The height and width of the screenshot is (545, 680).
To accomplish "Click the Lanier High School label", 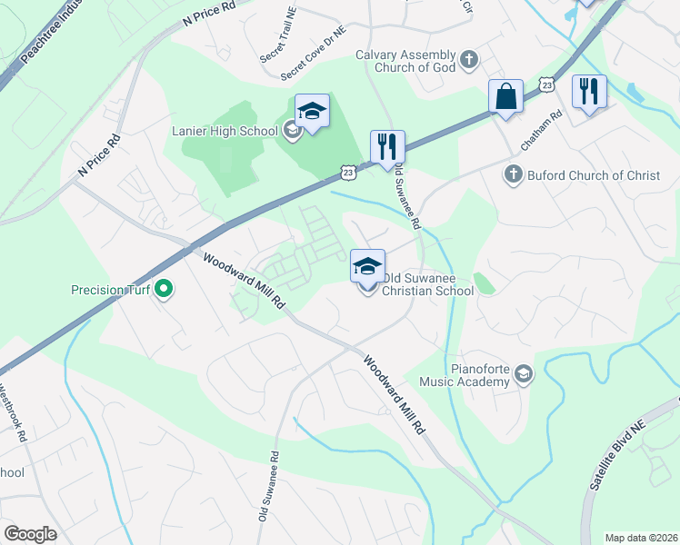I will point(225,131).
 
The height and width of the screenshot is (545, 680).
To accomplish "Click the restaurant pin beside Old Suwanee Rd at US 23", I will point(387,148).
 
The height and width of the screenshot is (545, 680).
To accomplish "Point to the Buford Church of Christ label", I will point(594,174).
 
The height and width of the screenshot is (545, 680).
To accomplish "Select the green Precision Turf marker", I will point(164,291).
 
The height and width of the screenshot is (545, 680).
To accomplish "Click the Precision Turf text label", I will point(110,291).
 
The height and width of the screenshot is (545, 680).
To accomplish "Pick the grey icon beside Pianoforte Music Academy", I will point(524,373).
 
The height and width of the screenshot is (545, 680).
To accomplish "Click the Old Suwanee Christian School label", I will point(427,284).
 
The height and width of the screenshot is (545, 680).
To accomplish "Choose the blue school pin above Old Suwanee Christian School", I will point(367,267).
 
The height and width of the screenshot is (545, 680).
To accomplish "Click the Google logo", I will point(30,534).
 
